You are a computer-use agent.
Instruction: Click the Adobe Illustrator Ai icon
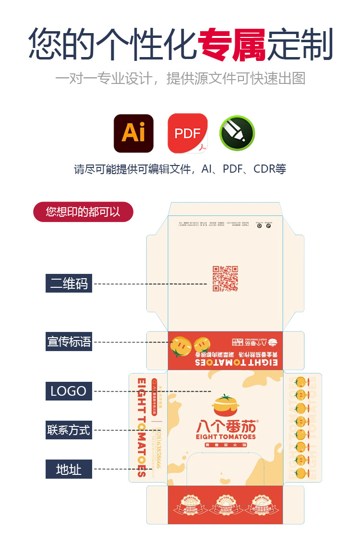133,133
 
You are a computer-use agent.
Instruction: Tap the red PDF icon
187,133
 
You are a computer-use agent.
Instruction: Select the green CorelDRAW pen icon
237,133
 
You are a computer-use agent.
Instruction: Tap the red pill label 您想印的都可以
83,212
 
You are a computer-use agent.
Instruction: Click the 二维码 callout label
69,283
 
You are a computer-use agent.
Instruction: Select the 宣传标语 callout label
69,342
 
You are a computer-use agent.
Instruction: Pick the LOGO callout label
69,391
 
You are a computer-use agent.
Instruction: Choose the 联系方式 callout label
69,430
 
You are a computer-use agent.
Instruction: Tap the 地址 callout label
69,469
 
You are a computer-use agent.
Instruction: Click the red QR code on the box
225,279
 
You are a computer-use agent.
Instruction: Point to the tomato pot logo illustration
225,406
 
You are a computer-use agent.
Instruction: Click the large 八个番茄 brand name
226,426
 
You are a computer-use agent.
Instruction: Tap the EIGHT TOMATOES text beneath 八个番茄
226,437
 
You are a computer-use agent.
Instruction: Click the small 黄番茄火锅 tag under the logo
225,446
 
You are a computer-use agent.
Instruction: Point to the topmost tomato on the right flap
301,382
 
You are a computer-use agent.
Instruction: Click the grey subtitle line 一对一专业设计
180,78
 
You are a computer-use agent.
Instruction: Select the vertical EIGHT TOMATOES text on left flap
142,427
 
